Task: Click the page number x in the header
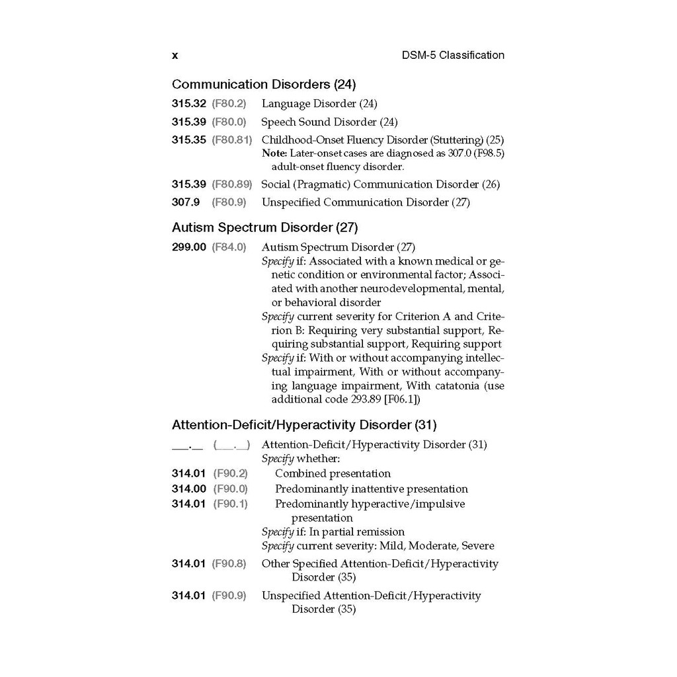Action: pos(175,56)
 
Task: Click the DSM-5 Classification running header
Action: pos(453,56)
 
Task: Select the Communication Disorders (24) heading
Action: pos(264,85)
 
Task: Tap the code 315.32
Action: pos(189,104)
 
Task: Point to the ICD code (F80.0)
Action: pos(229,122)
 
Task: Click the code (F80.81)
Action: pos(231,140)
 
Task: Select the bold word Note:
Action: pos(273,153)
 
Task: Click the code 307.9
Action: pos(186,202)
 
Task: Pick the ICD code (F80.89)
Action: pos(231,184)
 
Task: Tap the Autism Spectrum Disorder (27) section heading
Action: pos(264,227)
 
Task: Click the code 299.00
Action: pos(189,247)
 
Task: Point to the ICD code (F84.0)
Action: pos(229,247)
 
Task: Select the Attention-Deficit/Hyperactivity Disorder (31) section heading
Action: pos(304,424)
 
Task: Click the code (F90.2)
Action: pos(230,474)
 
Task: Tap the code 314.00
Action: pos(189,489)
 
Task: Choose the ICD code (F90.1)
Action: pos(230,504)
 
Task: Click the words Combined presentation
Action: pos(333,474)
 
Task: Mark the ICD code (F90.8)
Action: pos(229,564)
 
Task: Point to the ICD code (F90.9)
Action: pos(229,596)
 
